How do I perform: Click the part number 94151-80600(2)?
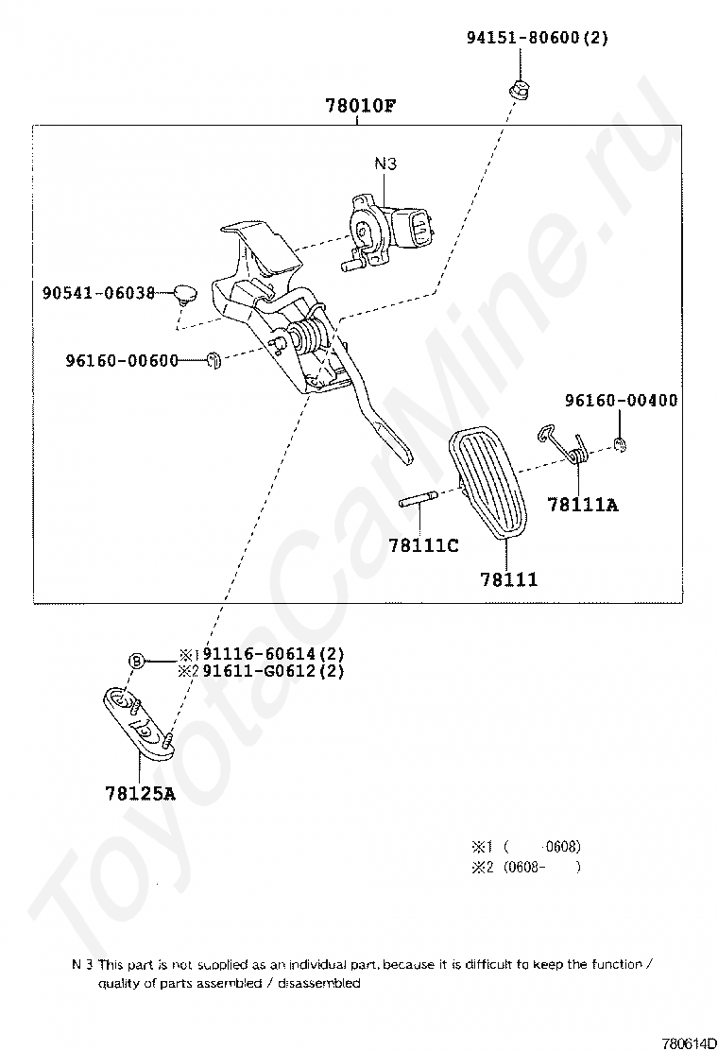pos(538,38)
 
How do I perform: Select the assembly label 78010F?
pos(360,106)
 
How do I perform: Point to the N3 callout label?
pos(385,164)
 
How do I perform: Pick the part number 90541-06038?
pos(98,293)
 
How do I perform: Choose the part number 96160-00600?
pos(122,361)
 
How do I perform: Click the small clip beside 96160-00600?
pos(214,361)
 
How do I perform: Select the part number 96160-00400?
pos(621,400)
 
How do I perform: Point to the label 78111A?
pos(583,505)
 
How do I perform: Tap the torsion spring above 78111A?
pos(565,444)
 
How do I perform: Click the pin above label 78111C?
pos(418,499)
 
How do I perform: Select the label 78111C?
pos(423,545)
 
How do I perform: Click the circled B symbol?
pos(136,662)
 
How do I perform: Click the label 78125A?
pos(140,794)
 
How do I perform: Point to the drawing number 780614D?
pos(690,1043)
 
